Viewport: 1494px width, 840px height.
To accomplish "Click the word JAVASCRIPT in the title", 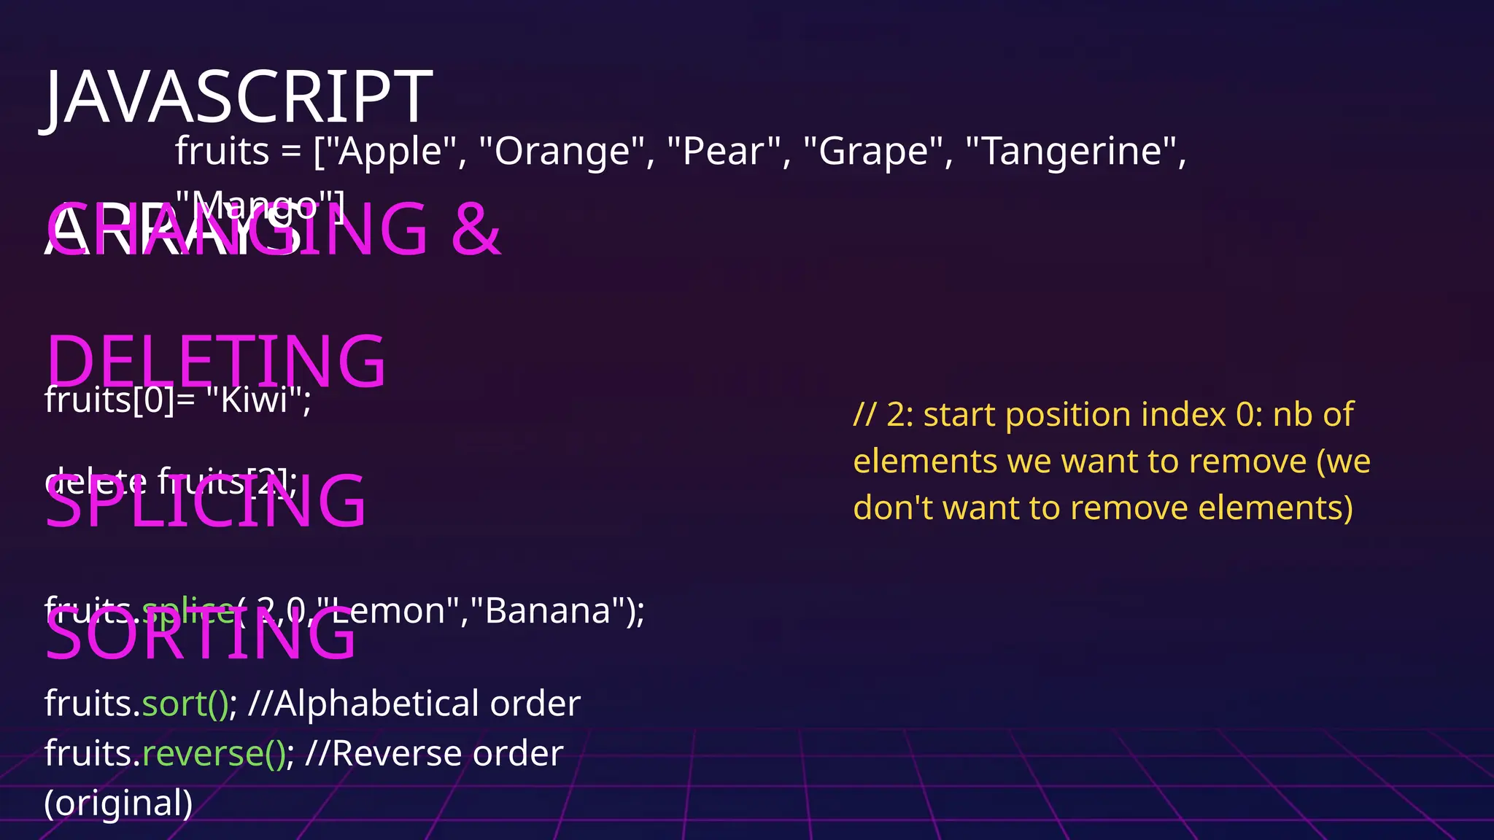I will (239, 98).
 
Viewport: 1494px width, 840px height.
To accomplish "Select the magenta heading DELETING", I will (216, 361).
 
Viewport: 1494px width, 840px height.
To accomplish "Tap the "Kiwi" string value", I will (254, 400).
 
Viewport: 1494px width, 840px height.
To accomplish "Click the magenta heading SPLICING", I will (206, 502).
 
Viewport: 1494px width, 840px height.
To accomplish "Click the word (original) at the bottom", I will (119, 804).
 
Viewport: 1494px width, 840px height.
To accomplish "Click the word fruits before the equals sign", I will (222, 152).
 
